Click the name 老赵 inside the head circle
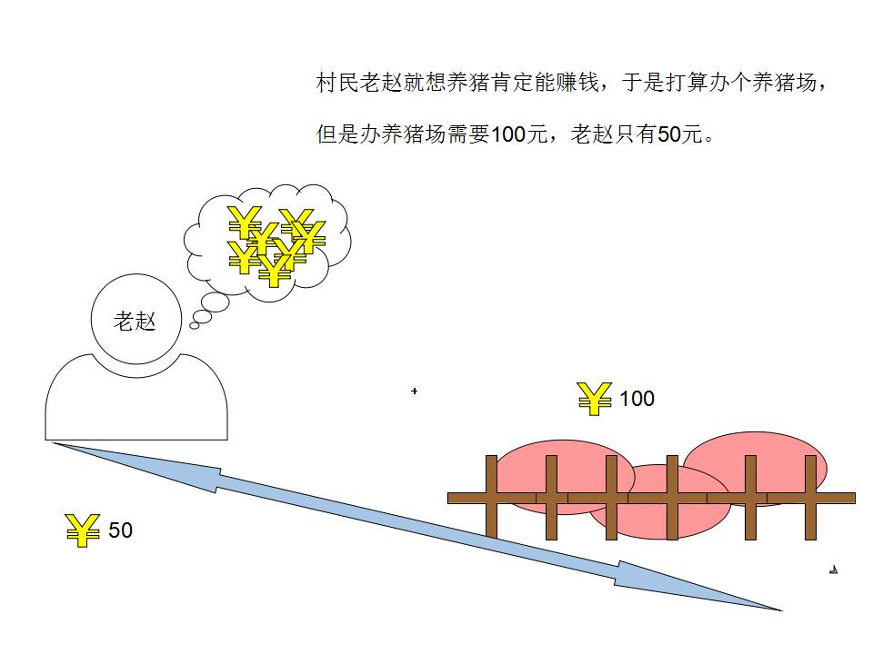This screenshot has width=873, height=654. tap(135, 321)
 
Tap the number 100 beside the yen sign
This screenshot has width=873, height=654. tap(637, 399)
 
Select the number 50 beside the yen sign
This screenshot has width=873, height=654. tap(120, 530)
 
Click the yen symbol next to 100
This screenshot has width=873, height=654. tap(595, 399)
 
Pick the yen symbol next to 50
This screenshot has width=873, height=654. tap(83, 530)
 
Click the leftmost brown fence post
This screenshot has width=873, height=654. tap(491, 497)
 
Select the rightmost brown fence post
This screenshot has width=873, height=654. tap(810, 497)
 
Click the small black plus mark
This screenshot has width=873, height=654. tap(415, 391)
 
